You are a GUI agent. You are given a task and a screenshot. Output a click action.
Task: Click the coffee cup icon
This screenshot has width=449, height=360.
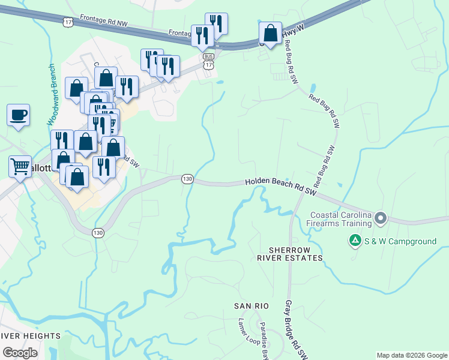click(x=18, y=114)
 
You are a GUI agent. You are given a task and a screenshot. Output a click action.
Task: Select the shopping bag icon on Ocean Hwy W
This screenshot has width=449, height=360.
click(x=270, y=32)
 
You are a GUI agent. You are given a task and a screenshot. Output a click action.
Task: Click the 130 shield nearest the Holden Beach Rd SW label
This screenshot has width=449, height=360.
click(x=187, y=179)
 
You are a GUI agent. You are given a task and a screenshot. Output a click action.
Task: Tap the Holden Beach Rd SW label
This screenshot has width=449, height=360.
click(x=281, y=186)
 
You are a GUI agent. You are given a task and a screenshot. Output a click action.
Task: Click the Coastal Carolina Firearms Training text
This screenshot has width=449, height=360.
click(x=340, y=219)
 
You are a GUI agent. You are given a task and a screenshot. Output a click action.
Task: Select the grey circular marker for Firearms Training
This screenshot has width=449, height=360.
click(x=380, y=219)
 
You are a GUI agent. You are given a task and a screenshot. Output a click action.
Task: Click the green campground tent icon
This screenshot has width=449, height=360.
click(x=355, y=241)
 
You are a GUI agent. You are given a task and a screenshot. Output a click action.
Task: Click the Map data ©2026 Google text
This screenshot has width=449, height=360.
click(x=412, y=355)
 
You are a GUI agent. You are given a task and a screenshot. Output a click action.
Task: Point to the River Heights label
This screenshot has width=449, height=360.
click(x=30, y=335)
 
